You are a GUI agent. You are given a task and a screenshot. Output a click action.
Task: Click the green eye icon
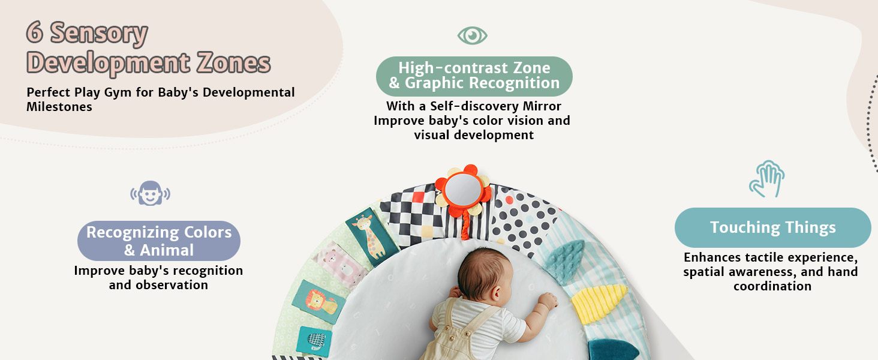473,35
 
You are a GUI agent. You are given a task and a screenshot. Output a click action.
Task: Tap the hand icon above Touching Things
767,179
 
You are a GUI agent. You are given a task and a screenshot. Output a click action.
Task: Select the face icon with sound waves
150,193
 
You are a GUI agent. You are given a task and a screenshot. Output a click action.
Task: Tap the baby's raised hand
548,301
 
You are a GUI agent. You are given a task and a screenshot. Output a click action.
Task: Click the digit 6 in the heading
35,32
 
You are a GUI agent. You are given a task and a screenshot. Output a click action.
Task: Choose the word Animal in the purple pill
167,250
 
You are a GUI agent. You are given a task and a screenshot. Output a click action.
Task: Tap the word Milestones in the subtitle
59,107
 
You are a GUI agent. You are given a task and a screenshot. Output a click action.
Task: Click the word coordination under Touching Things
772,286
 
